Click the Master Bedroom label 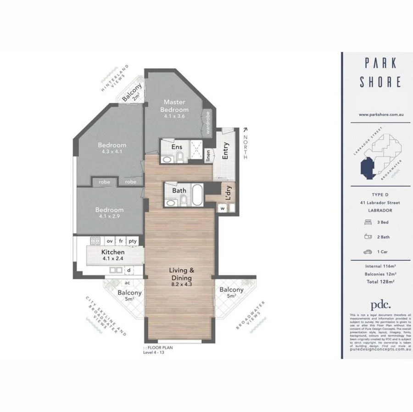click(174, 106)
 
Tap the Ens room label click(177, 147)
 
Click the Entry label click(225, 152)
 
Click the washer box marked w click(223, 209)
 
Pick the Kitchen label click(112, 252)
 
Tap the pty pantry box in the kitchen click(133, 240)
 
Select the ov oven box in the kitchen click(110, 240)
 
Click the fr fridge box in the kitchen click(121, 240)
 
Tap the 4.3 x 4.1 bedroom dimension click(112, 151)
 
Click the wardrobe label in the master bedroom click(208, 123)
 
